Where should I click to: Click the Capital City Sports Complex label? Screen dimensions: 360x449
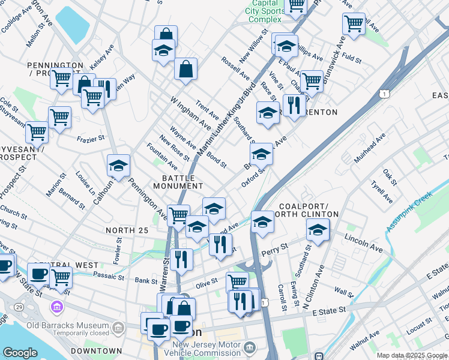click(x=265, y=11)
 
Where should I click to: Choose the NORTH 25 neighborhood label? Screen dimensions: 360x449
click(x=127, y=230)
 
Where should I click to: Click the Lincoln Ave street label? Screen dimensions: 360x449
click(x=364, y=242)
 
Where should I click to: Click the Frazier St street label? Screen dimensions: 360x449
click(x=91, y=138)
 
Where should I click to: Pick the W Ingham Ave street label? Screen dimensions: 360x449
click(x=190, y=113)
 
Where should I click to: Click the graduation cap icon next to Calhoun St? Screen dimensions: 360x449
click(x=118, y=165)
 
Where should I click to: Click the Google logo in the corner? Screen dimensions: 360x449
click(x=20, y=353)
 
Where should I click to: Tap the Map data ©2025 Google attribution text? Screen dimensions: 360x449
click(x=412, y=355)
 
